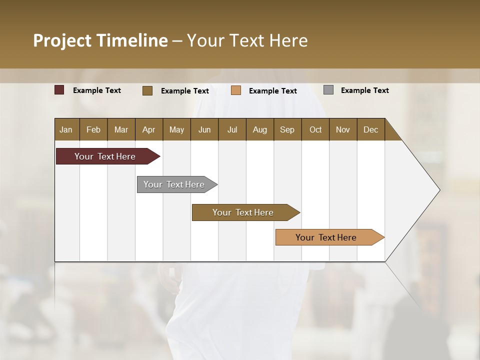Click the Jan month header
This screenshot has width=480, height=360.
click(x=66, y=129)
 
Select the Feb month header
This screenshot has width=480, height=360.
click(x=93, y=129)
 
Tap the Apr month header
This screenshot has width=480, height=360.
click(x=149, y=129)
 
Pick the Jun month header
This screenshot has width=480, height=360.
click(x=204, y=129)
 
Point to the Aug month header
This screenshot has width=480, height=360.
click(x=260, y=129)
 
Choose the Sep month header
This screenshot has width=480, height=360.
click(x=287, y=129)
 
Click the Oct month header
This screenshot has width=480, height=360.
click(x=315, y=129)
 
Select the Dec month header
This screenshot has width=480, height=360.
click(x=371, y=129)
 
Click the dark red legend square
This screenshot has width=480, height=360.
click(x=59, y=90)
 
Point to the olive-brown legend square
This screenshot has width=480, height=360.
click(x=147, y=90)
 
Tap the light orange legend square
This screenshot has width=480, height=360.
click(x=236, y=90)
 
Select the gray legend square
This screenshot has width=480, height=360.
click(x=328, y=90)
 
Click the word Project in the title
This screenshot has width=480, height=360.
click(x=62, y=40)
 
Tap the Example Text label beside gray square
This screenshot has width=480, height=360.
click(x=364, y=90)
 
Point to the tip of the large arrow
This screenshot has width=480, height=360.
click(x=439, y=190)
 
